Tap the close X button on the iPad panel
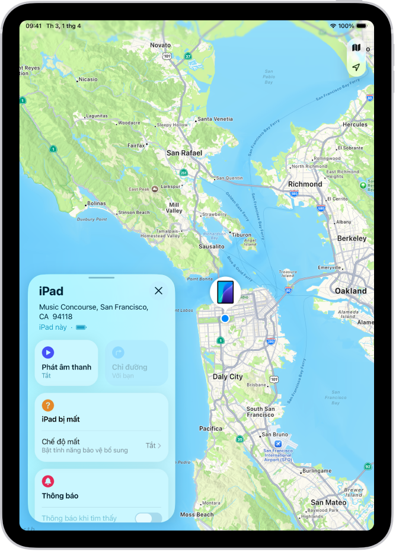pyautogui.click(x=158, y=291)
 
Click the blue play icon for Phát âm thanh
pyautogui.click(x=48, y=353)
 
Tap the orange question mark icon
pyautogui.click(x=48, y=406)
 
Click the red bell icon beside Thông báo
pyautogui.click(x=48, y=481)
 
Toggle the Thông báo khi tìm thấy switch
pyautogui.click(x=148, y=518)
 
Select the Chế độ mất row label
pyautogui.click(x=60, y=442)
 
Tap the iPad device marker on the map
pyautogui.click(x=225, y=291)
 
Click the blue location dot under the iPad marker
pyautogui.click(x=225, y=318)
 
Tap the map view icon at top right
pyautogui.click(x=356, y=47)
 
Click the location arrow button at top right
pyautogui.click(x=356, y=68)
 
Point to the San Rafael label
pyautogui.click(x=184, y=153)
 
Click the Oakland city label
pyautogui.click(x=350, y=291)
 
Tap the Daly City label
pyautogui.click(x=228, y=376)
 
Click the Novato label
pyautogui.click(x=160, y=45)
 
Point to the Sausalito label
pyautogui.click(x=211, y=246)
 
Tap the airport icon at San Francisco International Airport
pyautogui.click(x=278, y=443)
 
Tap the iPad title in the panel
pyautogui.click(x=51, y=291)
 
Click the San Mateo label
pyautogui.click(x=328, y=502)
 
